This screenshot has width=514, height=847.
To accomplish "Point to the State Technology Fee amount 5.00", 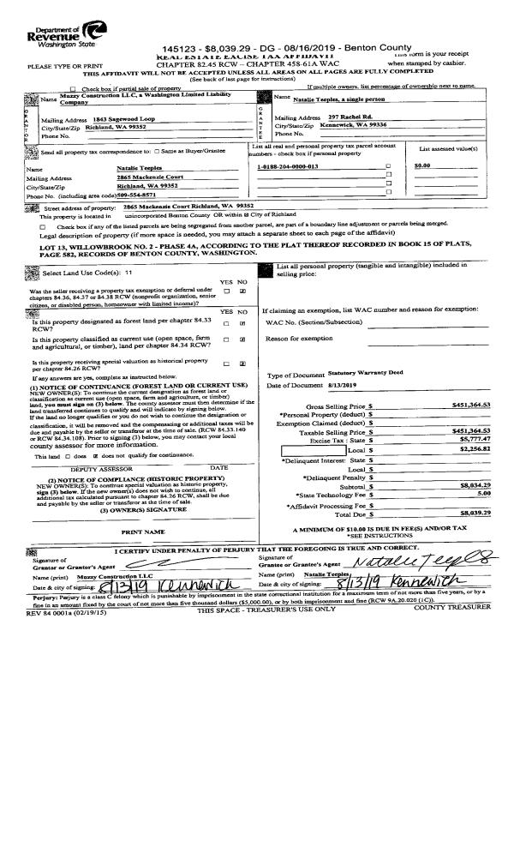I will tap(483, 494).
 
